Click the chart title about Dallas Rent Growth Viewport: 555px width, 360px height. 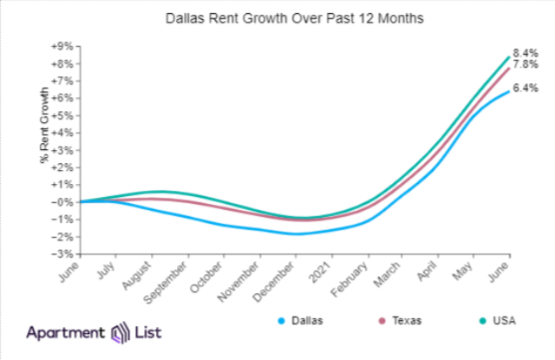pyautogui.click(x=277, y=17)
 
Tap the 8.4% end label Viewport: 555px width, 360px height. pyautogui.click(x=526, y=52)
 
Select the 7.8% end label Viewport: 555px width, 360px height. pyautogui.click(x=526, y=64)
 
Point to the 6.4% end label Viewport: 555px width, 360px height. pyautogui.click(x=526, y=88)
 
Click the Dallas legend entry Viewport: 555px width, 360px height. pyautogui.click(x=303, y=321)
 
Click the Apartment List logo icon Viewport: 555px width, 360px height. pyautogui.click(x=119, y=332)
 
